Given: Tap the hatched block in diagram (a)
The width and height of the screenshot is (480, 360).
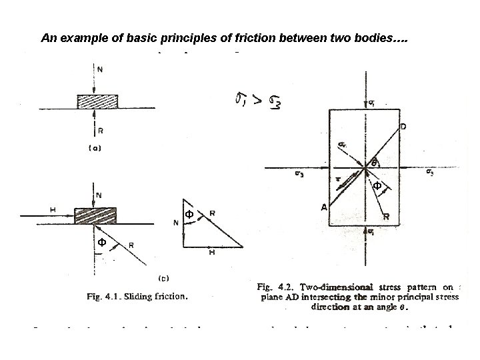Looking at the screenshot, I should pos(98,101).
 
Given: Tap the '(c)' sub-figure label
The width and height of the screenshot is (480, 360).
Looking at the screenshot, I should pos(161,276).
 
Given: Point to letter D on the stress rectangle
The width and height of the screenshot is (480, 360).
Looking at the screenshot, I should pos(403,126).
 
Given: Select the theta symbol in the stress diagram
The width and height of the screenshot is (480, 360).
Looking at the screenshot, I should pos(375,162).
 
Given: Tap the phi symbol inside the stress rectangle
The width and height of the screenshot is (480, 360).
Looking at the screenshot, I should pos(377,185).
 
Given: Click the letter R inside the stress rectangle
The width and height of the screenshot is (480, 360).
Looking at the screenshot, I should pos(386,217).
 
